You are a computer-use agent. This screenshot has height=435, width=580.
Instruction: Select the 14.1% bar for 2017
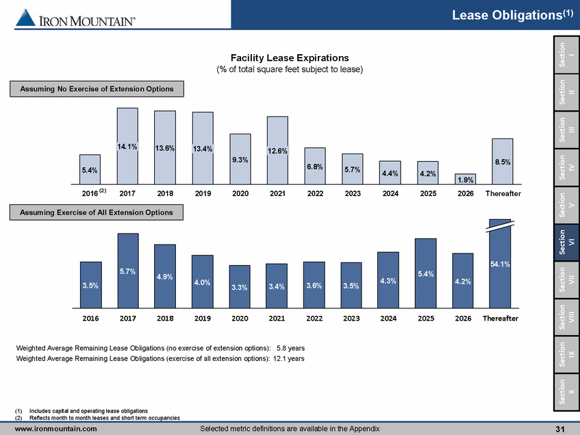point(127,145)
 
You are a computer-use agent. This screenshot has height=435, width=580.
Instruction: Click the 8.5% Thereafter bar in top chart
point(502,161)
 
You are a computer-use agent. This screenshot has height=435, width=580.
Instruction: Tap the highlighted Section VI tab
point(566,240)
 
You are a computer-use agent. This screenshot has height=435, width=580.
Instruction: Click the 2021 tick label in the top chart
point(277,194)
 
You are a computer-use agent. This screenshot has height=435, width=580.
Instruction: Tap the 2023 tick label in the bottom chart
point(351,319)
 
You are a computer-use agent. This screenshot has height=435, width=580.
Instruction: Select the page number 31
point(559,429)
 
